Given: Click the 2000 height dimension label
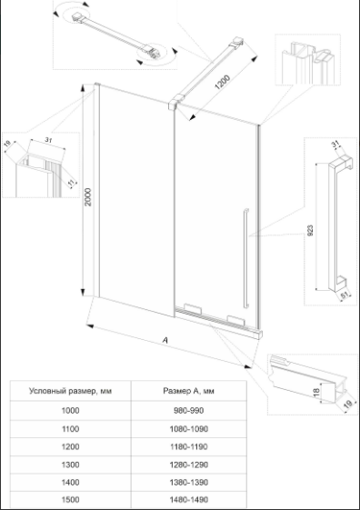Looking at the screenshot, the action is point(88,196).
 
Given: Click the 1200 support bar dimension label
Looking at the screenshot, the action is point(223,82).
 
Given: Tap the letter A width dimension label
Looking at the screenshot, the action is point(165,340).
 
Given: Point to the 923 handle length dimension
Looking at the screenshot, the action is point(310,230).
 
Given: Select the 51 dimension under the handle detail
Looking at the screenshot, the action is point(344,295).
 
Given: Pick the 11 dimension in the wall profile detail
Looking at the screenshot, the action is point(72,183).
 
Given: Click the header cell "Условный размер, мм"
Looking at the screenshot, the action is point(71,391).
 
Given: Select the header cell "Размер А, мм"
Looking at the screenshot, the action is point(188,391).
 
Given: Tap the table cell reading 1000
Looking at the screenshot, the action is point(71,411).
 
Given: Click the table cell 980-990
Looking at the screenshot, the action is point(188,411).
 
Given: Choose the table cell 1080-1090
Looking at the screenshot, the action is point(188,429).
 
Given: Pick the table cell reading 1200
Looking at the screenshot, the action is point(71,446).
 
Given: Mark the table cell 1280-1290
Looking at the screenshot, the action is point(188,465).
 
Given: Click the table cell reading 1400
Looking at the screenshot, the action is point(71,482).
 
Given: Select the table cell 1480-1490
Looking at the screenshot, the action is point(188,499).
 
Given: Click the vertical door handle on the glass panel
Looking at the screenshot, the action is point(245,257).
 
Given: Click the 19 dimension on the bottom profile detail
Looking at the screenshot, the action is point(347,405).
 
